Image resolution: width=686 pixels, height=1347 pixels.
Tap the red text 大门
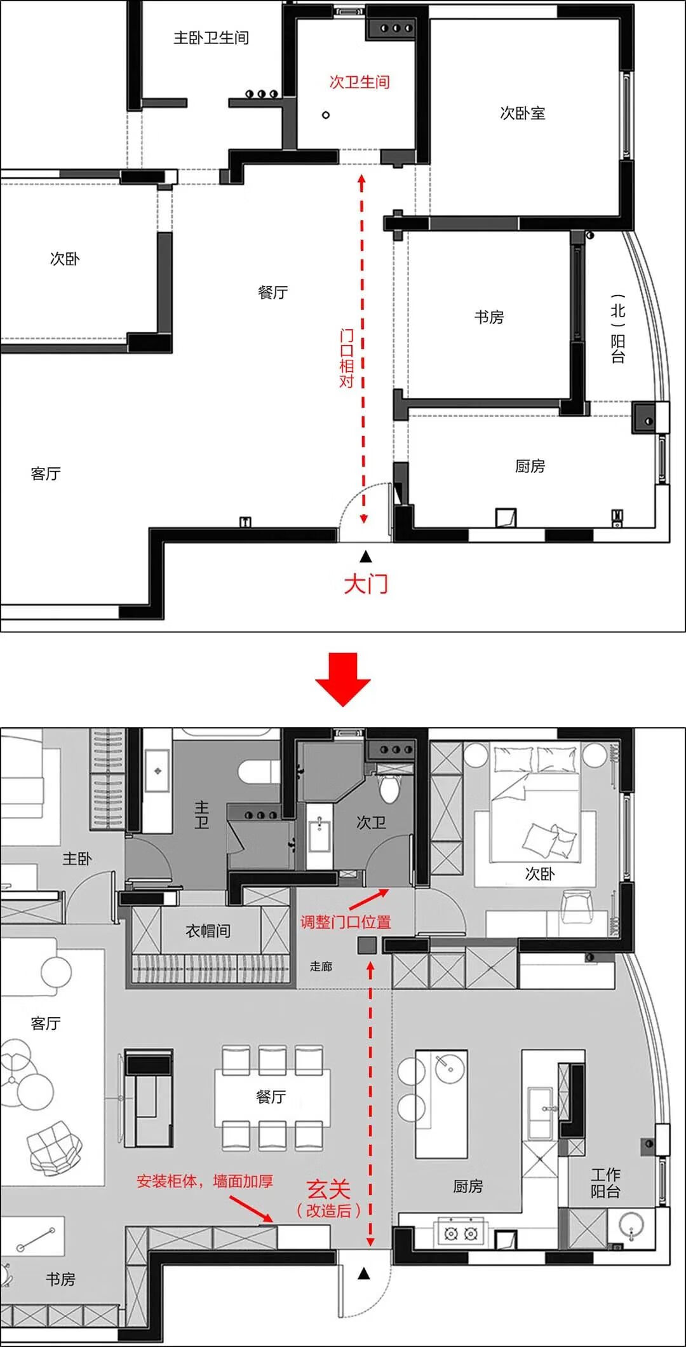365,584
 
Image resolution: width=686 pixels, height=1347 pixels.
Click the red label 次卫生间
359,82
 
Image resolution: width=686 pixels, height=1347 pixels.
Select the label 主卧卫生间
212,38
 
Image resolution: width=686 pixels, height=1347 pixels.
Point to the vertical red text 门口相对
346,358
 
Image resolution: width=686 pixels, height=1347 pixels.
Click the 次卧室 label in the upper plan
522,113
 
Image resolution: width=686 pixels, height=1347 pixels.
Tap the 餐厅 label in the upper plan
272,292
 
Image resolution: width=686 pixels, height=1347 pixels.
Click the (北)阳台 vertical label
617,329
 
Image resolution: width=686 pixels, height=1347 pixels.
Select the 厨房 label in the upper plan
530,467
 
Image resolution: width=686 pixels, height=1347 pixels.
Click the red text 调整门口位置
346,922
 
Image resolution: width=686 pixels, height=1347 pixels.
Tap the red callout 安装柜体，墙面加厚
205,1182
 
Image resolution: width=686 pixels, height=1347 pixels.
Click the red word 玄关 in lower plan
328,1189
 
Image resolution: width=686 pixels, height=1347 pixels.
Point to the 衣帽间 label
208,931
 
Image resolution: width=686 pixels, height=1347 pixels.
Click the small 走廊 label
321,967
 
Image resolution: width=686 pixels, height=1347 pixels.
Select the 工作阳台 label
605,1183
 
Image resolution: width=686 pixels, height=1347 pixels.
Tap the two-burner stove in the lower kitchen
461,1234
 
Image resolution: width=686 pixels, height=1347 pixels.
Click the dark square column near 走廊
367,945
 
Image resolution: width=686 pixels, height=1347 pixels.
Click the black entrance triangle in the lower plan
364,1273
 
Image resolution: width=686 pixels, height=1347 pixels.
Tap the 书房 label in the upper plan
488,317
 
